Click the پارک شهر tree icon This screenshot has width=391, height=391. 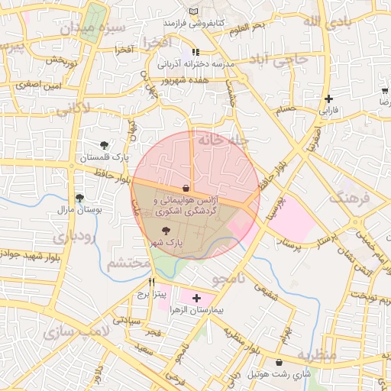[x=167, y=229]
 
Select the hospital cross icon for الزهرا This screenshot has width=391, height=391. [x=196, y=298]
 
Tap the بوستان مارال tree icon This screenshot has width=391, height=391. [x=79, y=198]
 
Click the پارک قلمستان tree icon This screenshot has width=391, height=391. [x=105, y=144]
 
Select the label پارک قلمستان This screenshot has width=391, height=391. [x=105, y=157]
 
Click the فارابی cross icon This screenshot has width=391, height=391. [x=328, y=99]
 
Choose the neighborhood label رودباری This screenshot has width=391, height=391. [x=74, y=237]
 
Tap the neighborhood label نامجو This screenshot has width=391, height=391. [x=229, y=280]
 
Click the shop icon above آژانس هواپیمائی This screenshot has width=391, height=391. [x=186, y=187]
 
